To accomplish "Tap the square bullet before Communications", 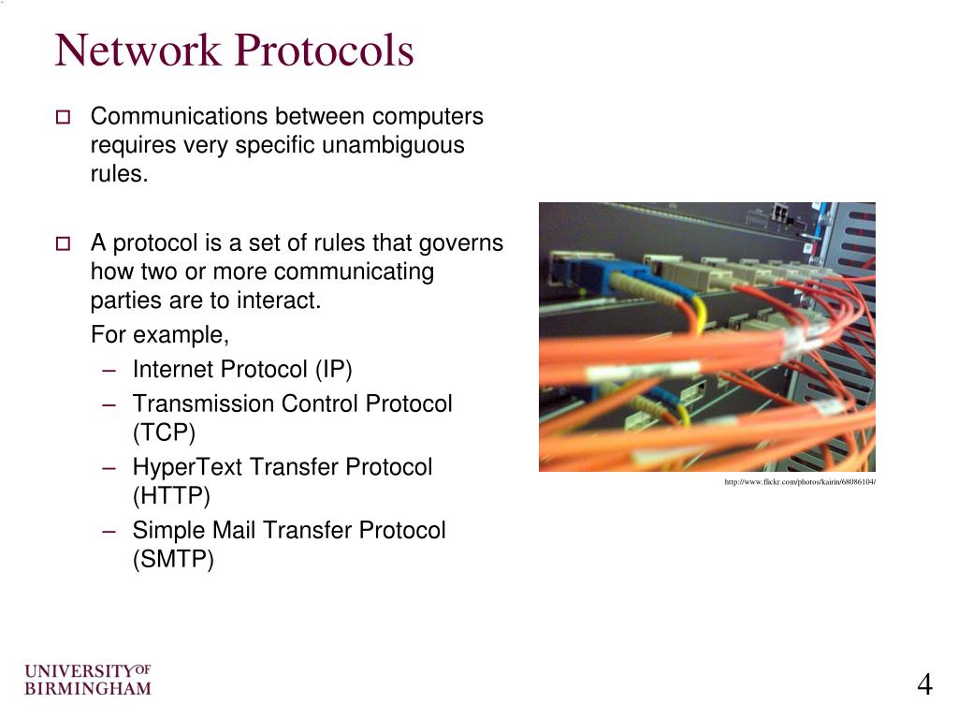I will (63, 118).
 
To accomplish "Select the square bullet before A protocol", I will (63, 244).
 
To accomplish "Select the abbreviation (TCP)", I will (164, 433).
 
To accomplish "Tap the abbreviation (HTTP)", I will (171, 496).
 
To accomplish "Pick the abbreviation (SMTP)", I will (173, 560).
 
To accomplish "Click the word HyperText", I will (184, 467).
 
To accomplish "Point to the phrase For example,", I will (160, 335).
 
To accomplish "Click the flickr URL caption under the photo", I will (799, 482).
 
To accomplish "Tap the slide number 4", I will (924, 685).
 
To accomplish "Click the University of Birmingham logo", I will (87, 681).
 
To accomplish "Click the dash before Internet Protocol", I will (110, 370).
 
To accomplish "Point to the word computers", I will (428, 116).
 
